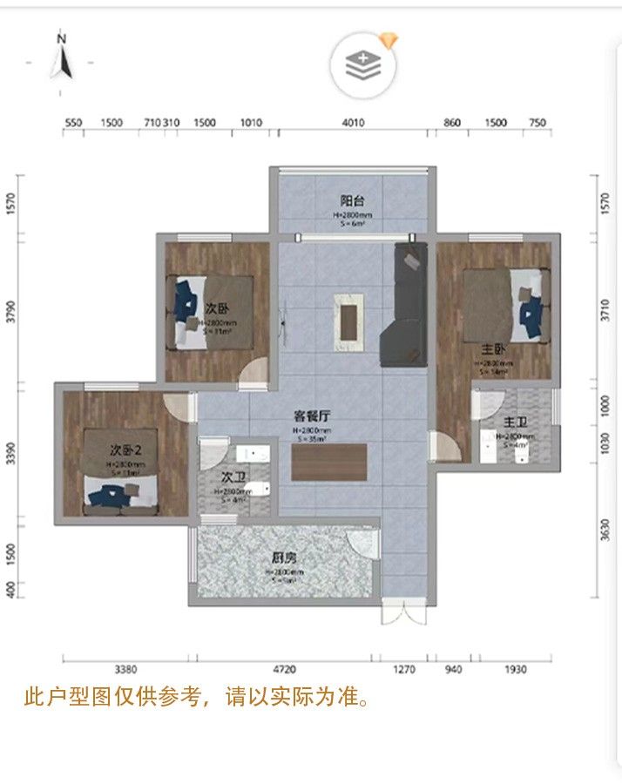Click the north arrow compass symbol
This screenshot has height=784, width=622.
pos(62,56)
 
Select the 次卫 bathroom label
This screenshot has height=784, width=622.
pos(232,477)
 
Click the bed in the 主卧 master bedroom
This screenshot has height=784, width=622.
pos(505,305)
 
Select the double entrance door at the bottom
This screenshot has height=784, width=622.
pos(403,612)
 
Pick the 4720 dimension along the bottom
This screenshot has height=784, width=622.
pos(285,669)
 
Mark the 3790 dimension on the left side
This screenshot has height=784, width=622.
pos(10,311)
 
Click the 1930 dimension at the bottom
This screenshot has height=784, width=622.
pos(517,669)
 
